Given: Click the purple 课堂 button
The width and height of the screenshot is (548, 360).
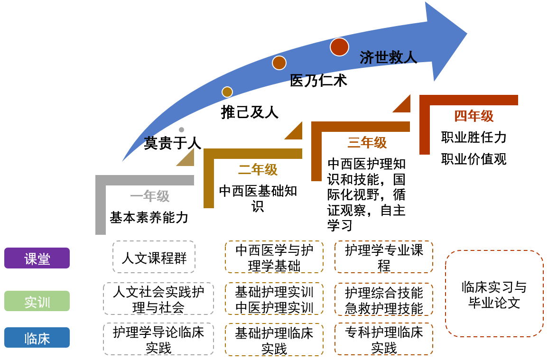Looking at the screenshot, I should click(x=37, y=258).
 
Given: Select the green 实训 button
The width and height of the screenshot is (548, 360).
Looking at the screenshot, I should click(x=37, y=301).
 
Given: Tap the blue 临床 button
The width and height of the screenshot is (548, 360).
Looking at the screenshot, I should click(x=37, y=338).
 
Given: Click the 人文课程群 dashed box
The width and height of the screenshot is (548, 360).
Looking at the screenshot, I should click(x=154, y=257).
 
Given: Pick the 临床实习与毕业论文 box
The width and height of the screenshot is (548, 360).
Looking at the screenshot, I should click(x=494, y=294).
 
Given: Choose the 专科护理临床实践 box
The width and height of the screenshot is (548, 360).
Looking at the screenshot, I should click(x=383, y=340).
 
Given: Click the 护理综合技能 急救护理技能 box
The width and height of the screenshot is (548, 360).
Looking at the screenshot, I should click(x=383, y=300).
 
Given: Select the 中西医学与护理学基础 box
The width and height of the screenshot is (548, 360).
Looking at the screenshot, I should click(x=274, y=257).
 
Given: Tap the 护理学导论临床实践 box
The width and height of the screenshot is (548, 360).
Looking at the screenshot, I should click(x=158, y=340).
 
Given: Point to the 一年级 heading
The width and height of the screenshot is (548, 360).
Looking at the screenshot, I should click(x=149, y=196).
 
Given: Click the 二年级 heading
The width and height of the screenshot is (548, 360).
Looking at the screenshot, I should click(x=258, y=169).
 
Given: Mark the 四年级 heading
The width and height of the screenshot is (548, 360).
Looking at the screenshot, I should click(x=474, y=116).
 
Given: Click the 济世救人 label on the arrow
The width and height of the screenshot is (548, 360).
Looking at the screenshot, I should click(x=388, y=57).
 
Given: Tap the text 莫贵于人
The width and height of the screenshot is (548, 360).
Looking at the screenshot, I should click(x=172, y=143).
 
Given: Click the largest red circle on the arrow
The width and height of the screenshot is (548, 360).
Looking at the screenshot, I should click(x=339, y=47).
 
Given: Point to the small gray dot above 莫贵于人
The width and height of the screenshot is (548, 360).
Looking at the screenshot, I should click(x=181, y=129).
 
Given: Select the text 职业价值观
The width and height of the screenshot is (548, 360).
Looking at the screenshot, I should click(x=474, y=159).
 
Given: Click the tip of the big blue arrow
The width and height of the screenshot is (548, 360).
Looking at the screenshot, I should click(x=466, y=34).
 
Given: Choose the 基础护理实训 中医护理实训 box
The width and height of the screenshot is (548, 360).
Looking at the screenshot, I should click(x=274, y=300).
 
